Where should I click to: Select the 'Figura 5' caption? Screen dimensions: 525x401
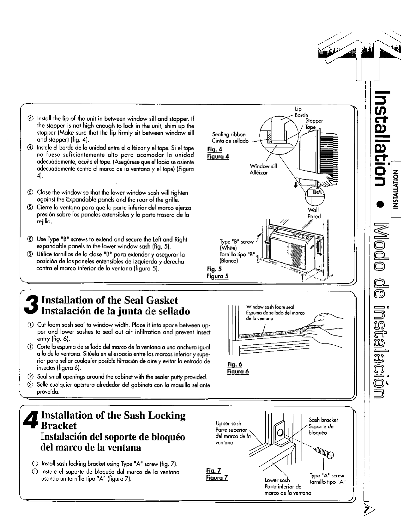point(217,276)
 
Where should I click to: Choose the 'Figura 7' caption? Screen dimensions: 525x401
point(217,477)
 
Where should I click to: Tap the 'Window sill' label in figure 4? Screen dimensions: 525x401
point(263,166)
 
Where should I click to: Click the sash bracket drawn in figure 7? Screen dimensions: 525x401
point(281,435)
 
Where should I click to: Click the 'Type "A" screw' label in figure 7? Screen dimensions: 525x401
point(326,475)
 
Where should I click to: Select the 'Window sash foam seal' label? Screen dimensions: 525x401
point(269,307)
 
